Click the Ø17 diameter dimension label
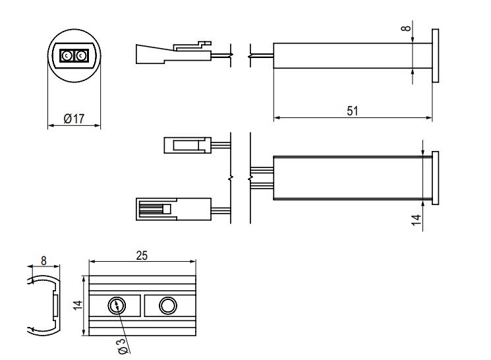point(74,119)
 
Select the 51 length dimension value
point(353,111)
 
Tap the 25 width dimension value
point(142,256)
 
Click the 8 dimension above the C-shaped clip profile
point(43,260)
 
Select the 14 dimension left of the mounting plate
point(77,305)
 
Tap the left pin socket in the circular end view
point(67,56)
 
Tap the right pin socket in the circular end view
point(80,56)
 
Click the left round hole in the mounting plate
point(116,305)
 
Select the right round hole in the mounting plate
point(167,305)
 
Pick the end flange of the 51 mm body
point(435,55)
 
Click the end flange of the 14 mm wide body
point(435,177)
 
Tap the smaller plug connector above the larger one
point(187,144)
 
